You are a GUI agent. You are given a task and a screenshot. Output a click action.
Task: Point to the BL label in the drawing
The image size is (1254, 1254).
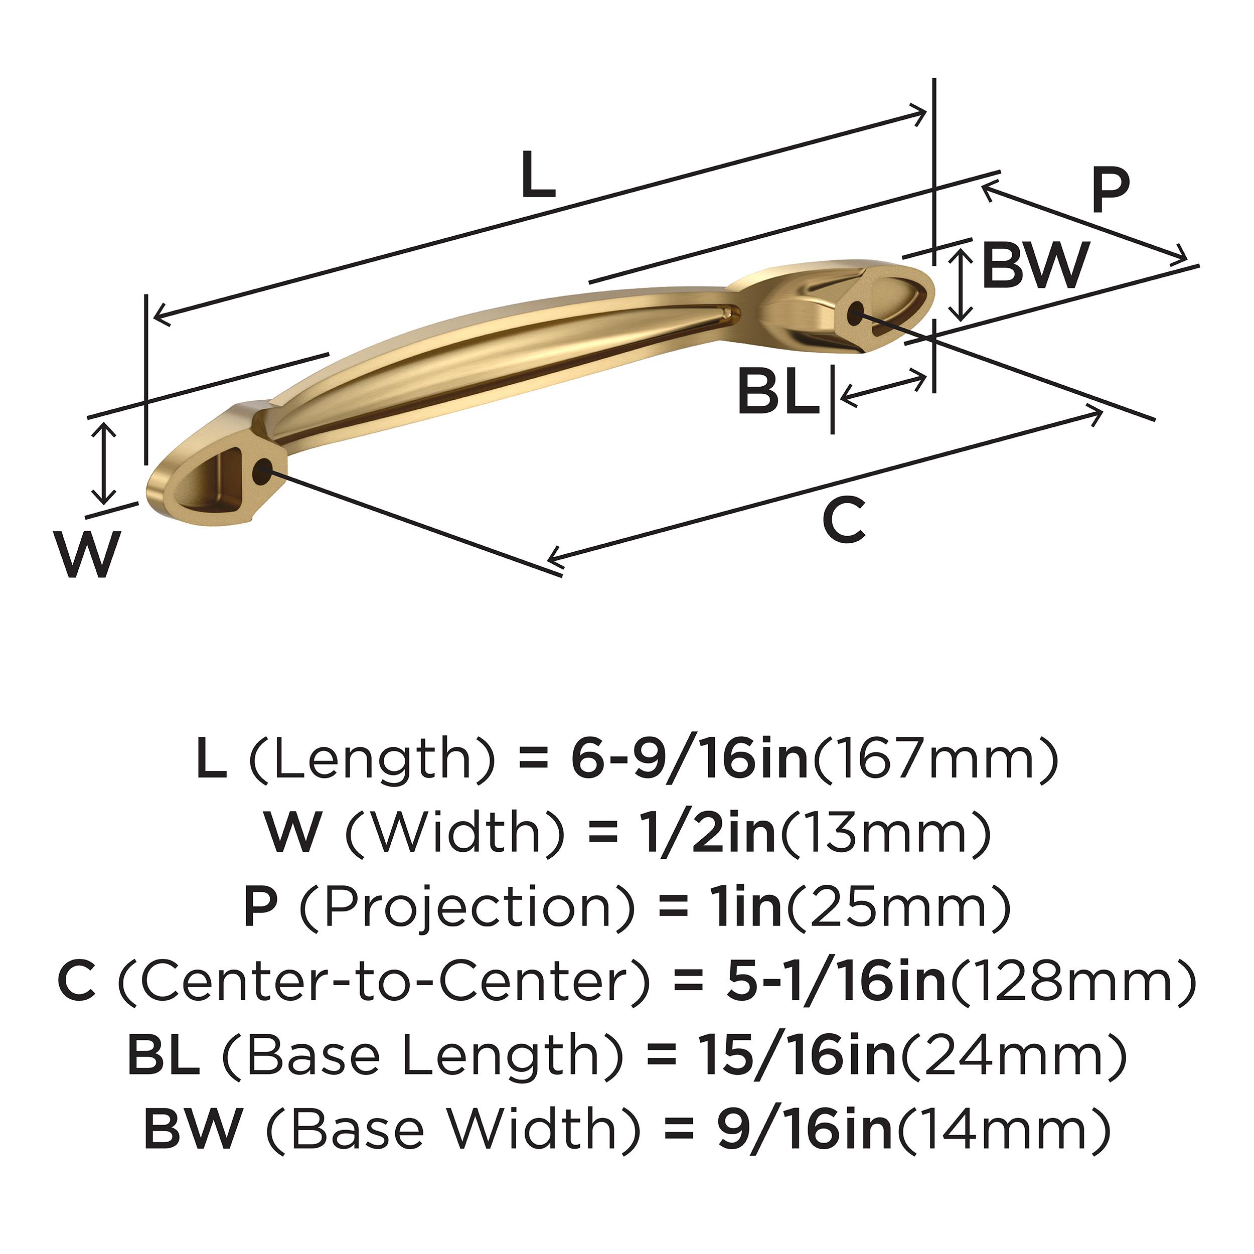[x=777, y=391]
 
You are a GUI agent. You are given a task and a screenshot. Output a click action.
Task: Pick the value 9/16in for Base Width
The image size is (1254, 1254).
[x=805, y=1130]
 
